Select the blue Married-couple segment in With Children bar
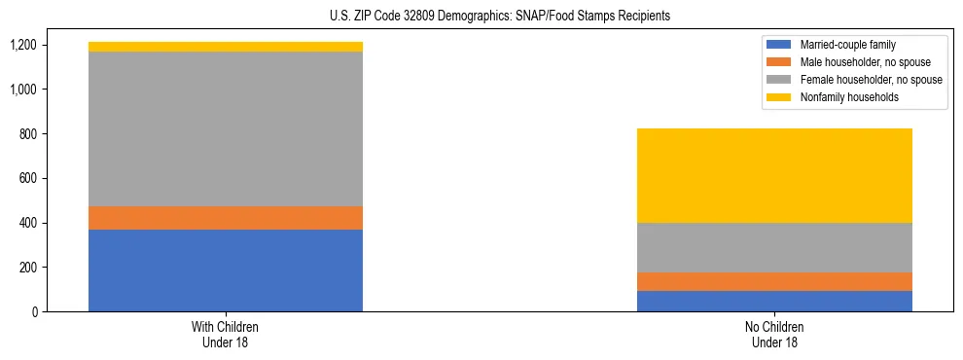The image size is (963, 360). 225,270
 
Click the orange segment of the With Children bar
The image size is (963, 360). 225,218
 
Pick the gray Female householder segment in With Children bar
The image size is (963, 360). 225,128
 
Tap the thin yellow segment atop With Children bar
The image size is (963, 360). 225,47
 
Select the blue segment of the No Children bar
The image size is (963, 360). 774,301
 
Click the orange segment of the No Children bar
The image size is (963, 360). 774,281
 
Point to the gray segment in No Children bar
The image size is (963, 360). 774,247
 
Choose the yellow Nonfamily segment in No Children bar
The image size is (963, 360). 774,175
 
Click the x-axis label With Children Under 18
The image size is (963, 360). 225,335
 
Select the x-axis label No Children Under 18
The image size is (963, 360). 774,335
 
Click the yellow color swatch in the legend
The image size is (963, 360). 780,97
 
